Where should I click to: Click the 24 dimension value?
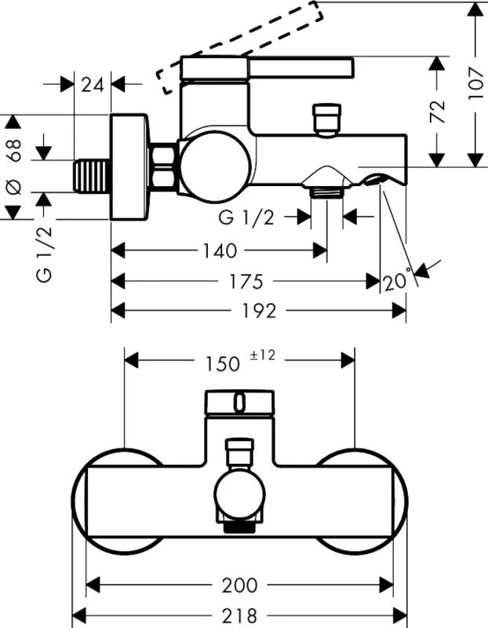point(93,84)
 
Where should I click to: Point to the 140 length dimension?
point(218,250)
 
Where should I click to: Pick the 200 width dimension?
point(239,586)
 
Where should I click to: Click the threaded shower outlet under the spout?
point(326,190)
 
